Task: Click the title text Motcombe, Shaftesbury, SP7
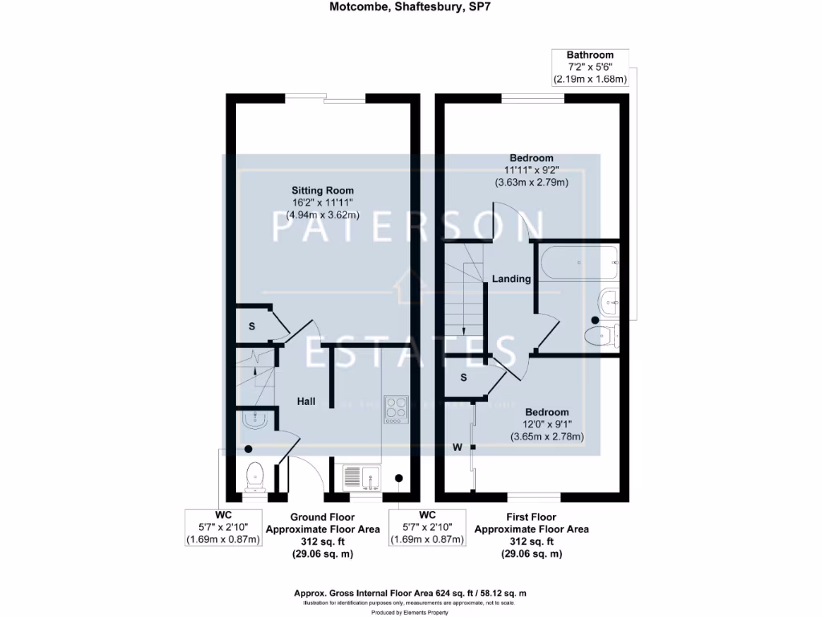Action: (x=411, y=10)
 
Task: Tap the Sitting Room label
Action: (x=323, y=190)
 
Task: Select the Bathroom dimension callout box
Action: (x=590, y=67)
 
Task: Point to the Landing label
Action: (x=511, y=279)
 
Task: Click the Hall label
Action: (x=306, y=401)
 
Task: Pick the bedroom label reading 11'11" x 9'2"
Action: (x=531, y=170)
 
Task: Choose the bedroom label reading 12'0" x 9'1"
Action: (x=546, y=424)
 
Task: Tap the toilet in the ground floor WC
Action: (x=255, y=476)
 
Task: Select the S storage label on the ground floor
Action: (x=251, y=325)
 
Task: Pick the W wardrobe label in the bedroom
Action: (x=457, y=447)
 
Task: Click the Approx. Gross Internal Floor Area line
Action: (x=410, y=593)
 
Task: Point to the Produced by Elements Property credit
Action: (x=410, y=612)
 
